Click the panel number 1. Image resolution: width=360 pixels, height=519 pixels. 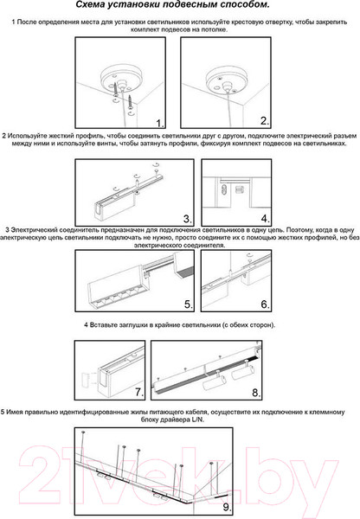click(159, 124)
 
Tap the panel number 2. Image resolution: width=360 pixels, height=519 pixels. click(264, 121)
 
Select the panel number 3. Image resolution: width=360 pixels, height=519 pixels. click(187, 219)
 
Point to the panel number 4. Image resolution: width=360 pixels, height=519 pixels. click(265, 219)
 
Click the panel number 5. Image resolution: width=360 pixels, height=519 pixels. click(188, 304)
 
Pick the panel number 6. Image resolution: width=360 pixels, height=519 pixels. click(265, 304)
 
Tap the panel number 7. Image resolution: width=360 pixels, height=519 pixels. click(139, 392)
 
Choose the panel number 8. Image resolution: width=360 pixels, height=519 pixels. click(256, 393)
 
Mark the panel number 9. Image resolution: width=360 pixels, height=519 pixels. click(227, 507)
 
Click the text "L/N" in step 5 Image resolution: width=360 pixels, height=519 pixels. click(198, 420)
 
